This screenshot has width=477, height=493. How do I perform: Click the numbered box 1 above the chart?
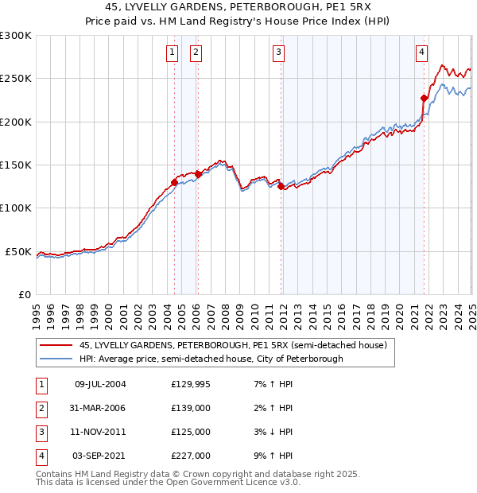coord(173,53)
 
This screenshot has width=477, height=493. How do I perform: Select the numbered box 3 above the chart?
coord(279,53)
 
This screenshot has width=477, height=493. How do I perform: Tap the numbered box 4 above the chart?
coord(421,53)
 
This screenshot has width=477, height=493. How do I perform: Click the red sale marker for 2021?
coord(425,99)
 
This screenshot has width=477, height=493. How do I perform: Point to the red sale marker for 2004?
coord(174,182)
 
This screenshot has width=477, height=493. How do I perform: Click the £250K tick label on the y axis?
coord(16,79)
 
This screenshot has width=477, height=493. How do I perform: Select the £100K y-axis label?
coord(16,208)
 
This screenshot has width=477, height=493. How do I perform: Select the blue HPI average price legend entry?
coord(211,359)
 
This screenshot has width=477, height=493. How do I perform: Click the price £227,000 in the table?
coord(191,456)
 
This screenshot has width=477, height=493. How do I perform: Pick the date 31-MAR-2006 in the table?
coord(100,408)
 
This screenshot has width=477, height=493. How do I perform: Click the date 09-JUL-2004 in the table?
coord(100,384)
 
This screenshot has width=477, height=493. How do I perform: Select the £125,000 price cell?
coord(191,432)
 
